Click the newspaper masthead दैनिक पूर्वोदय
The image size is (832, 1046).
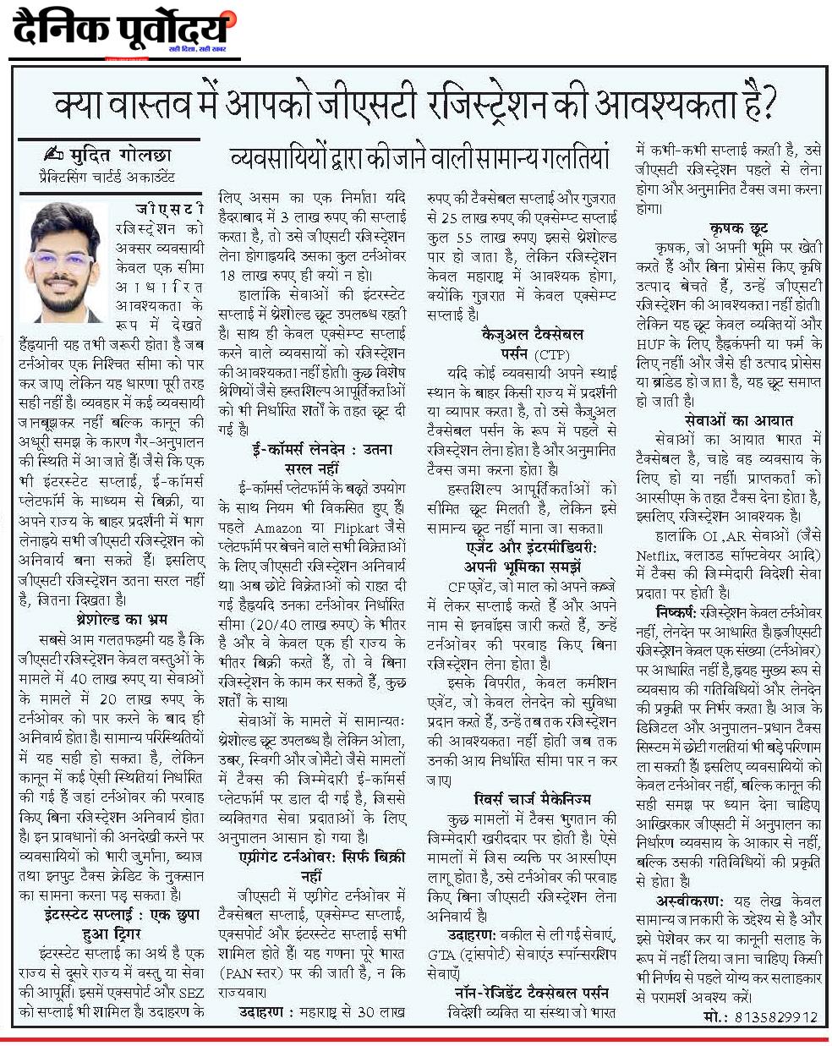[121, 31]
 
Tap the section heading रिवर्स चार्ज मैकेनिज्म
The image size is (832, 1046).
[532, 797]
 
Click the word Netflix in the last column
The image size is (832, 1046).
[659, 555]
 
